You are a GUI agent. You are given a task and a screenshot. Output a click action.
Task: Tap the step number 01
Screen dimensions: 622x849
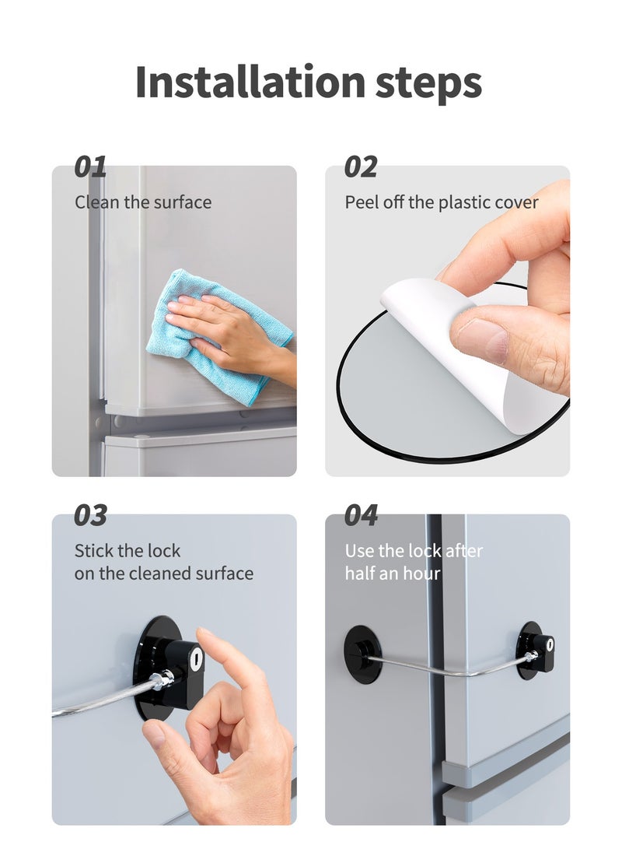coord(90,167)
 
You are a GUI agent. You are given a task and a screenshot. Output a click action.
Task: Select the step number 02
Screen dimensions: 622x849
coord(361,167)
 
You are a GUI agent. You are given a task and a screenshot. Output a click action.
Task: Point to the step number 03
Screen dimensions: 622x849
coord(90,515)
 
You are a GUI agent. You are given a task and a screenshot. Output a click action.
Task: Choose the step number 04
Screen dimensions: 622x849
coord(361,515)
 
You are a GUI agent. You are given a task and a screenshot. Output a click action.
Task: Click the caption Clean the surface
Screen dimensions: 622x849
coord(143,202)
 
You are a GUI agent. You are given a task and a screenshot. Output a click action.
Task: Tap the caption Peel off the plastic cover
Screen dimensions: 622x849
coord(442,202)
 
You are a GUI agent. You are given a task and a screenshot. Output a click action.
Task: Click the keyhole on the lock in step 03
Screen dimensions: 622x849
coord(196,658)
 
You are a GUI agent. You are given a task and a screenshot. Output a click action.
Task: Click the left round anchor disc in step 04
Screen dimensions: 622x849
coord(363,654)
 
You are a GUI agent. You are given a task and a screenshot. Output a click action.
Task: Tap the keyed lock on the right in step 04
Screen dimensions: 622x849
coord(536,650)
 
